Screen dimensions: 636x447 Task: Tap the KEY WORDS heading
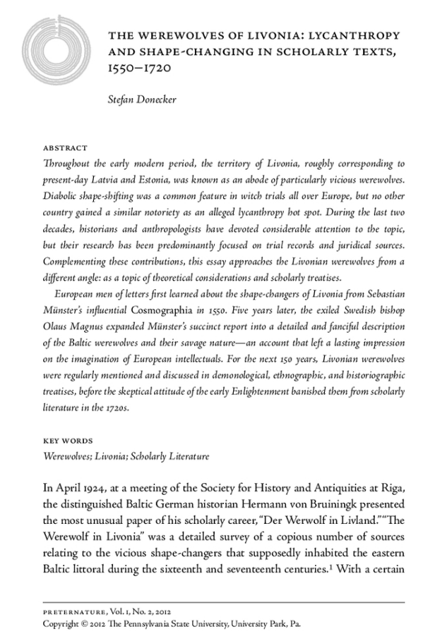(68, 441)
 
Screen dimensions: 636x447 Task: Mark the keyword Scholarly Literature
(170, 456)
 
